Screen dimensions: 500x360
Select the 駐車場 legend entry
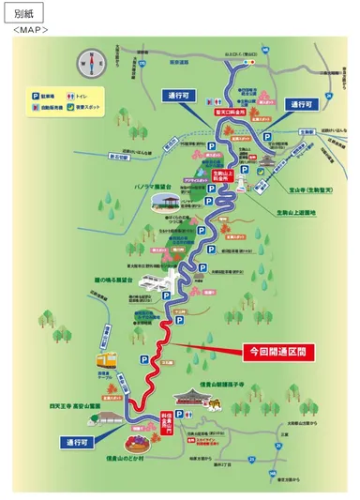pos(46,95)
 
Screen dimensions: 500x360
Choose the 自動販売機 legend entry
pos(47,106)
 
